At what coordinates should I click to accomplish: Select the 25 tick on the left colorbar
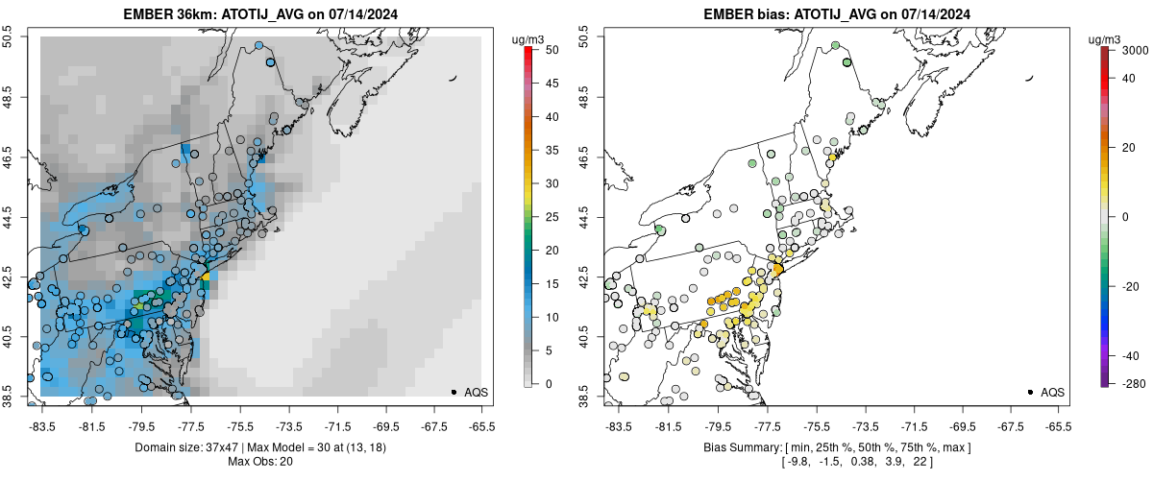(546, 217)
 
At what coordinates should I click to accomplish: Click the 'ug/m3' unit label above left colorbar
(529, 38)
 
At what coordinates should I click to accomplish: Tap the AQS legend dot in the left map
(454, 392)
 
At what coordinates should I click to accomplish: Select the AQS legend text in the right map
(1053, 392)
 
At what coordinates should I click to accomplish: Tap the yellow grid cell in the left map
(205, 277)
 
